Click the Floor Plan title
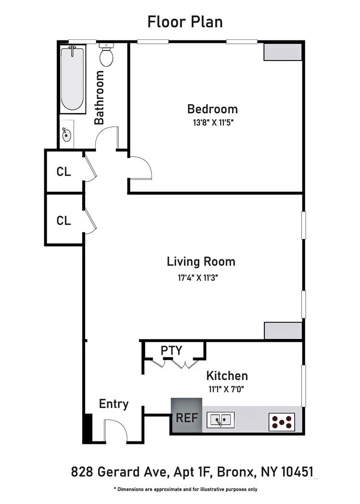(x=185, y=22)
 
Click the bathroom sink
(x=66, y=135)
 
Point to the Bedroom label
(x=212, y=109)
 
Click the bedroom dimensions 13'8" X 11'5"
(x=213, y=122)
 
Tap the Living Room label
(x=201, y=262)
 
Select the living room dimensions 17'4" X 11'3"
(x=200, y=277)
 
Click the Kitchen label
(x=227, y=376)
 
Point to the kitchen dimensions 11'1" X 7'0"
(x=227, y=389)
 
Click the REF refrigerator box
(x=186, y=417)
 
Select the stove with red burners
(x=281, y=422)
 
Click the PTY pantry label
(x=172, y=351)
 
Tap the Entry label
(x=113, y=404)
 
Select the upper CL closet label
(x=64, y=172)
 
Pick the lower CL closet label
(x=64, y=221)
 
